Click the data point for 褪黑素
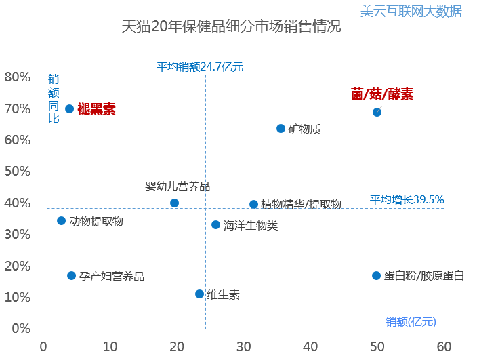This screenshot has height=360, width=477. (69, 108)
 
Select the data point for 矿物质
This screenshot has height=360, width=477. (281, 128)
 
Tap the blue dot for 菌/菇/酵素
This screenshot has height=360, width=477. (377, 112)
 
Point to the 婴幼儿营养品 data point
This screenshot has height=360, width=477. (174, 203)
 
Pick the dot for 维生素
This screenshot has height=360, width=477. (199, 294)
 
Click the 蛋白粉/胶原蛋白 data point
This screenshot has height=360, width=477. (376, 275)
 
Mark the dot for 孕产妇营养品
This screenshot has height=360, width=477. (71, 275)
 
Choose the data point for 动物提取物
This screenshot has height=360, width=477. (61, 220)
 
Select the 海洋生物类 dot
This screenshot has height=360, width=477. (215, 224)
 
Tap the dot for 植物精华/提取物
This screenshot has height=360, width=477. (253, 204)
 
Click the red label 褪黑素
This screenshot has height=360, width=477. (96, 109)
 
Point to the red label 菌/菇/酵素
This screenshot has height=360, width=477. (381, 94)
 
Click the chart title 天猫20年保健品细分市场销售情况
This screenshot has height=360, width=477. (231, 28)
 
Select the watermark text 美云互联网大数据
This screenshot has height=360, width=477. (411, 10)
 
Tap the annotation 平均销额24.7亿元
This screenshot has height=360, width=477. (200, 66)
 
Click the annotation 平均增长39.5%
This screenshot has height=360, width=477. (407, 199)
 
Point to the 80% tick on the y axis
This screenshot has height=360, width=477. (17, 77)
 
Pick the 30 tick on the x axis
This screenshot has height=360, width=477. (243, 346)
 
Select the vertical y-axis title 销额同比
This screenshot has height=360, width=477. (54, 98)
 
